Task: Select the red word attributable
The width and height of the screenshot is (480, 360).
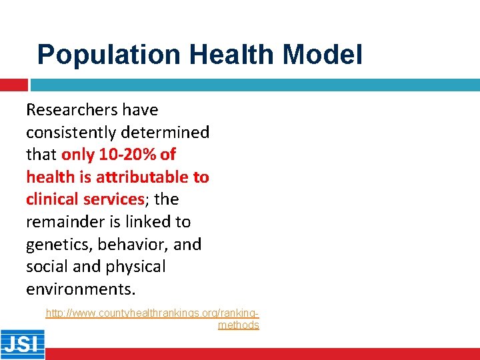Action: (x=143, y=177)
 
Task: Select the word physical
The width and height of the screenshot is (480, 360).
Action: (x=135, y=267)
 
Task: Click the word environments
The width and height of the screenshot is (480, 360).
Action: (x=80, y=289)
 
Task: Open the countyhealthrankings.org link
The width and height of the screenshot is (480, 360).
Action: (x=152, y=313)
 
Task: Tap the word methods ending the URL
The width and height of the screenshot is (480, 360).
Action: (x=238, y=325)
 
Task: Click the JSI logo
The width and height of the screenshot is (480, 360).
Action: (x=22, y=344)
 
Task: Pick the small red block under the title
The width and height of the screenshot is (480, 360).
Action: (x=13, y=85)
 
